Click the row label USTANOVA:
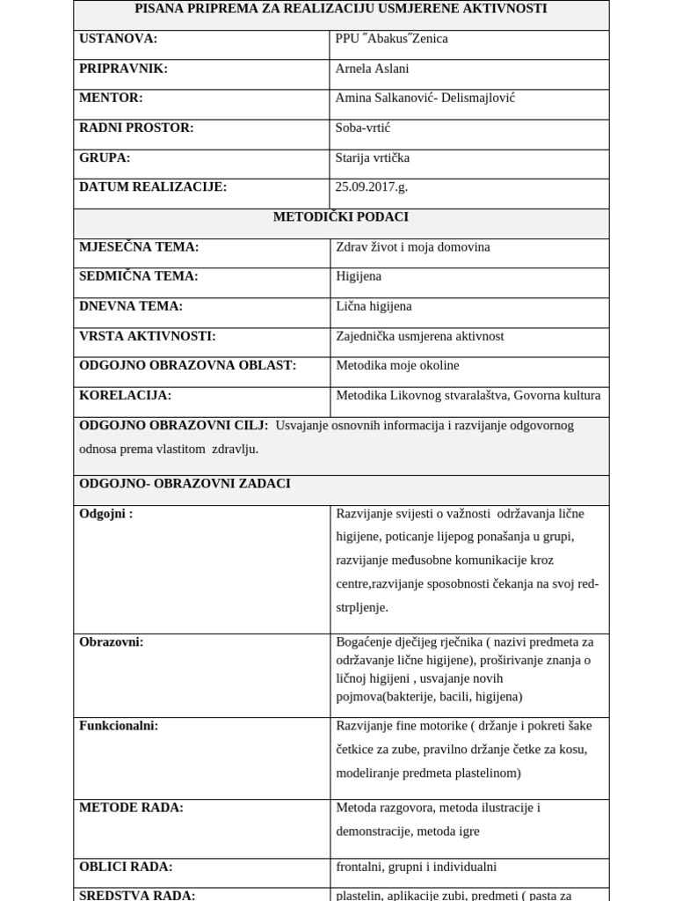point(118,39)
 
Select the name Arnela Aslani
point(372,69)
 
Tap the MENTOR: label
point(111,98)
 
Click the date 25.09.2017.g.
point(371,187)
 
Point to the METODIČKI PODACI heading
point(340,216)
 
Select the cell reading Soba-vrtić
point(362,128)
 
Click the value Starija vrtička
point(372,157)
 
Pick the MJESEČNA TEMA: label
point(139,246)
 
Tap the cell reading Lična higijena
point(374,306)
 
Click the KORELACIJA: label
point(125,395)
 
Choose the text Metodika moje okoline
point(397,365)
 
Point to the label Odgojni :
point(105,513)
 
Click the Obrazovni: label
point(111,641)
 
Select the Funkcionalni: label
point(119,726)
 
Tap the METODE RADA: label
point(131,808)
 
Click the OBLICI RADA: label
point(126,867)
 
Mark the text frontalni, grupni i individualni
point(416,867)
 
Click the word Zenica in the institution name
point(428,39)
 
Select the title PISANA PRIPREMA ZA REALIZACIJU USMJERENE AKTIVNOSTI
point(340,9)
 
